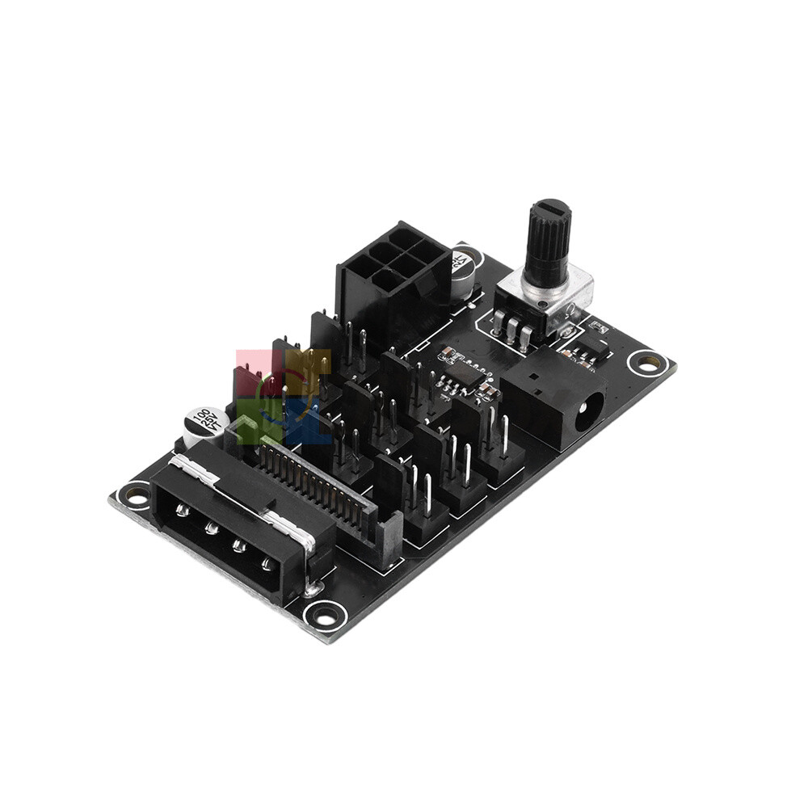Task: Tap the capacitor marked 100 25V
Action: tap(201, 424)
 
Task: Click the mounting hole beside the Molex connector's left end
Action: tap(133, 492)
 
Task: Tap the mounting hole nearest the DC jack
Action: tap(646, 363)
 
